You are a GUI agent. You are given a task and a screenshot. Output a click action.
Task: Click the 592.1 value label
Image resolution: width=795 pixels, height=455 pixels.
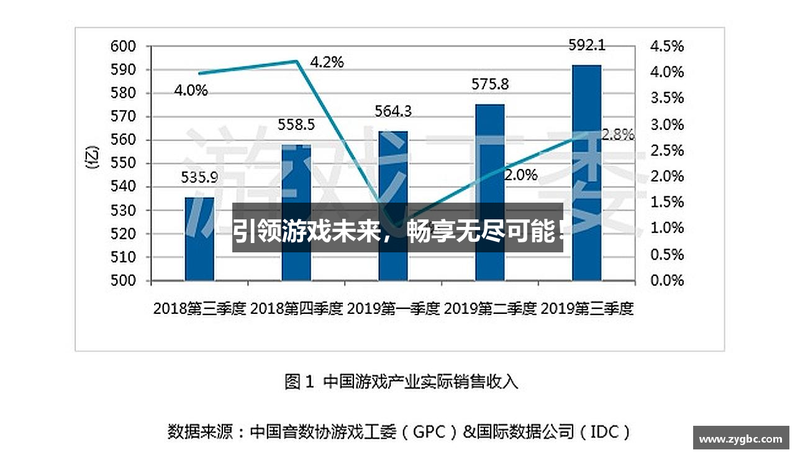[x=587, y=45]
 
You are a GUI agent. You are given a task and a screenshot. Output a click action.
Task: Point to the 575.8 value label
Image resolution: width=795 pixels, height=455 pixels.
[x=490, y=84]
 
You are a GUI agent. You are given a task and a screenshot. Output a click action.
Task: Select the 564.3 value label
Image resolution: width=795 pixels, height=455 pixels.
[x=393, y=111]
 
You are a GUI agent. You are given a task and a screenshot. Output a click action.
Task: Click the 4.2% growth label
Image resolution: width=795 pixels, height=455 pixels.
[x=326, y=62]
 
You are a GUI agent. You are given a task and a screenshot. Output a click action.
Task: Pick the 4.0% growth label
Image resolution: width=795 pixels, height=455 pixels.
[x=191, y=91]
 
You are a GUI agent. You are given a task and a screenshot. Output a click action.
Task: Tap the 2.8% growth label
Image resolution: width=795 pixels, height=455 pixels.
[x=617, y=134]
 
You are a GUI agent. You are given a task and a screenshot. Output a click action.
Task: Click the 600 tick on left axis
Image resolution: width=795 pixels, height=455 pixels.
[x=122, y=46]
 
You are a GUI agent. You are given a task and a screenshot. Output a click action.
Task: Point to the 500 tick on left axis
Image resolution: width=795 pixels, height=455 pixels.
[x=122, y=280]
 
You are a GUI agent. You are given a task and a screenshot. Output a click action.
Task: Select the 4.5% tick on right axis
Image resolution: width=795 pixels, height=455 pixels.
[x=666, y=46]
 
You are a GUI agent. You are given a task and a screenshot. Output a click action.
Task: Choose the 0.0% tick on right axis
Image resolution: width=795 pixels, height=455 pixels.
[x=666, y=280]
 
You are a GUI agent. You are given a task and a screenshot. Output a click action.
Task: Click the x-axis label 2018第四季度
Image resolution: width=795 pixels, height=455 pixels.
[x=297, y=308]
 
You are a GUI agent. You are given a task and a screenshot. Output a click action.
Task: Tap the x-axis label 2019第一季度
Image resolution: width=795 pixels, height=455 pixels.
[x=394, y=308]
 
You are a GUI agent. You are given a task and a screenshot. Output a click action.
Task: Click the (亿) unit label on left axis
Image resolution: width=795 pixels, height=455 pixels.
[x=93, y=159]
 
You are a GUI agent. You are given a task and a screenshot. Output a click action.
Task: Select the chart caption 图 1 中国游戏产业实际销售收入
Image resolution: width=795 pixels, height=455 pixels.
[x=401, y=381]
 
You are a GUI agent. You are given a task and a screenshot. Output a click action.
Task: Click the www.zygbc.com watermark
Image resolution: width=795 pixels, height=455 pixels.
[x=740, y=439]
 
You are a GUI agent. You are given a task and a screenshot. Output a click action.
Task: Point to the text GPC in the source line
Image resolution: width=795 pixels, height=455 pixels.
[x=429, y=432]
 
